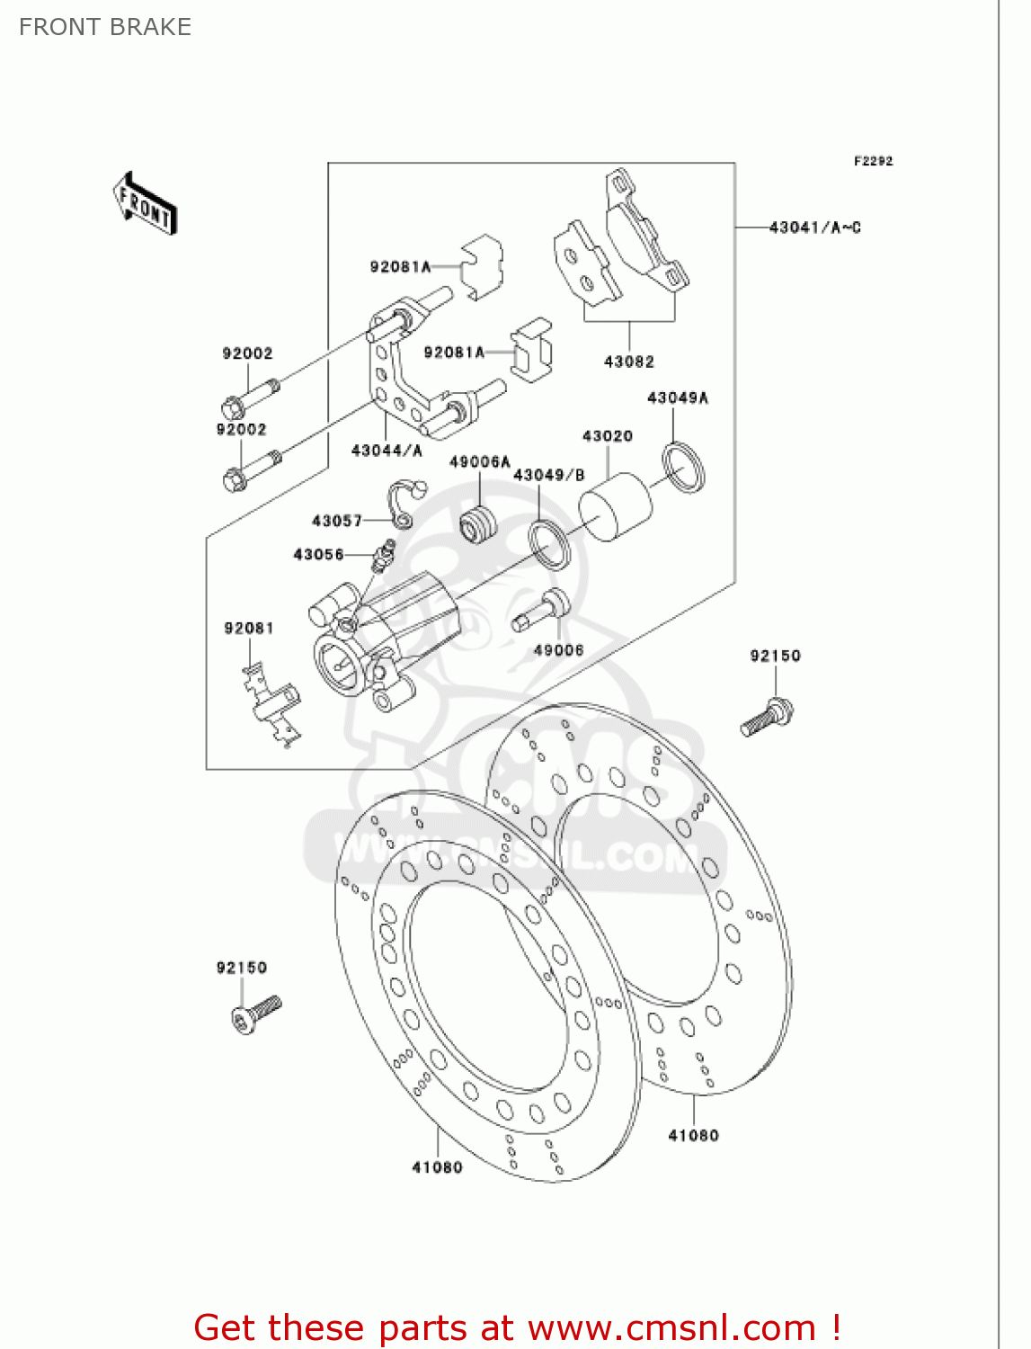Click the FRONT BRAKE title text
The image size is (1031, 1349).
point(105,27)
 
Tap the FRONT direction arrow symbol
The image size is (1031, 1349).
point(145,204)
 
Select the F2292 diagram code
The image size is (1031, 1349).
point(873,161)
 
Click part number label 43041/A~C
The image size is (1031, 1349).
point(814,228)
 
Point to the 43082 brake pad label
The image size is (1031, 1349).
point(628,362)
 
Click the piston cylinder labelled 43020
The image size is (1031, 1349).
point(616,507)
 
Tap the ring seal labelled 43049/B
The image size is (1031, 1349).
point(549,544)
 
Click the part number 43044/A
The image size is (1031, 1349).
point(387,451)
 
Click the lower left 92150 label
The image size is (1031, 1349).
point(241,968)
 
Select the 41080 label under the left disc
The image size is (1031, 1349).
point(437,1167)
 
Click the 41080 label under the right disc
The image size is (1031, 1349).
point(693,1136)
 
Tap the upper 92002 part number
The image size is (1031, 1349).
point(247,353)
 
